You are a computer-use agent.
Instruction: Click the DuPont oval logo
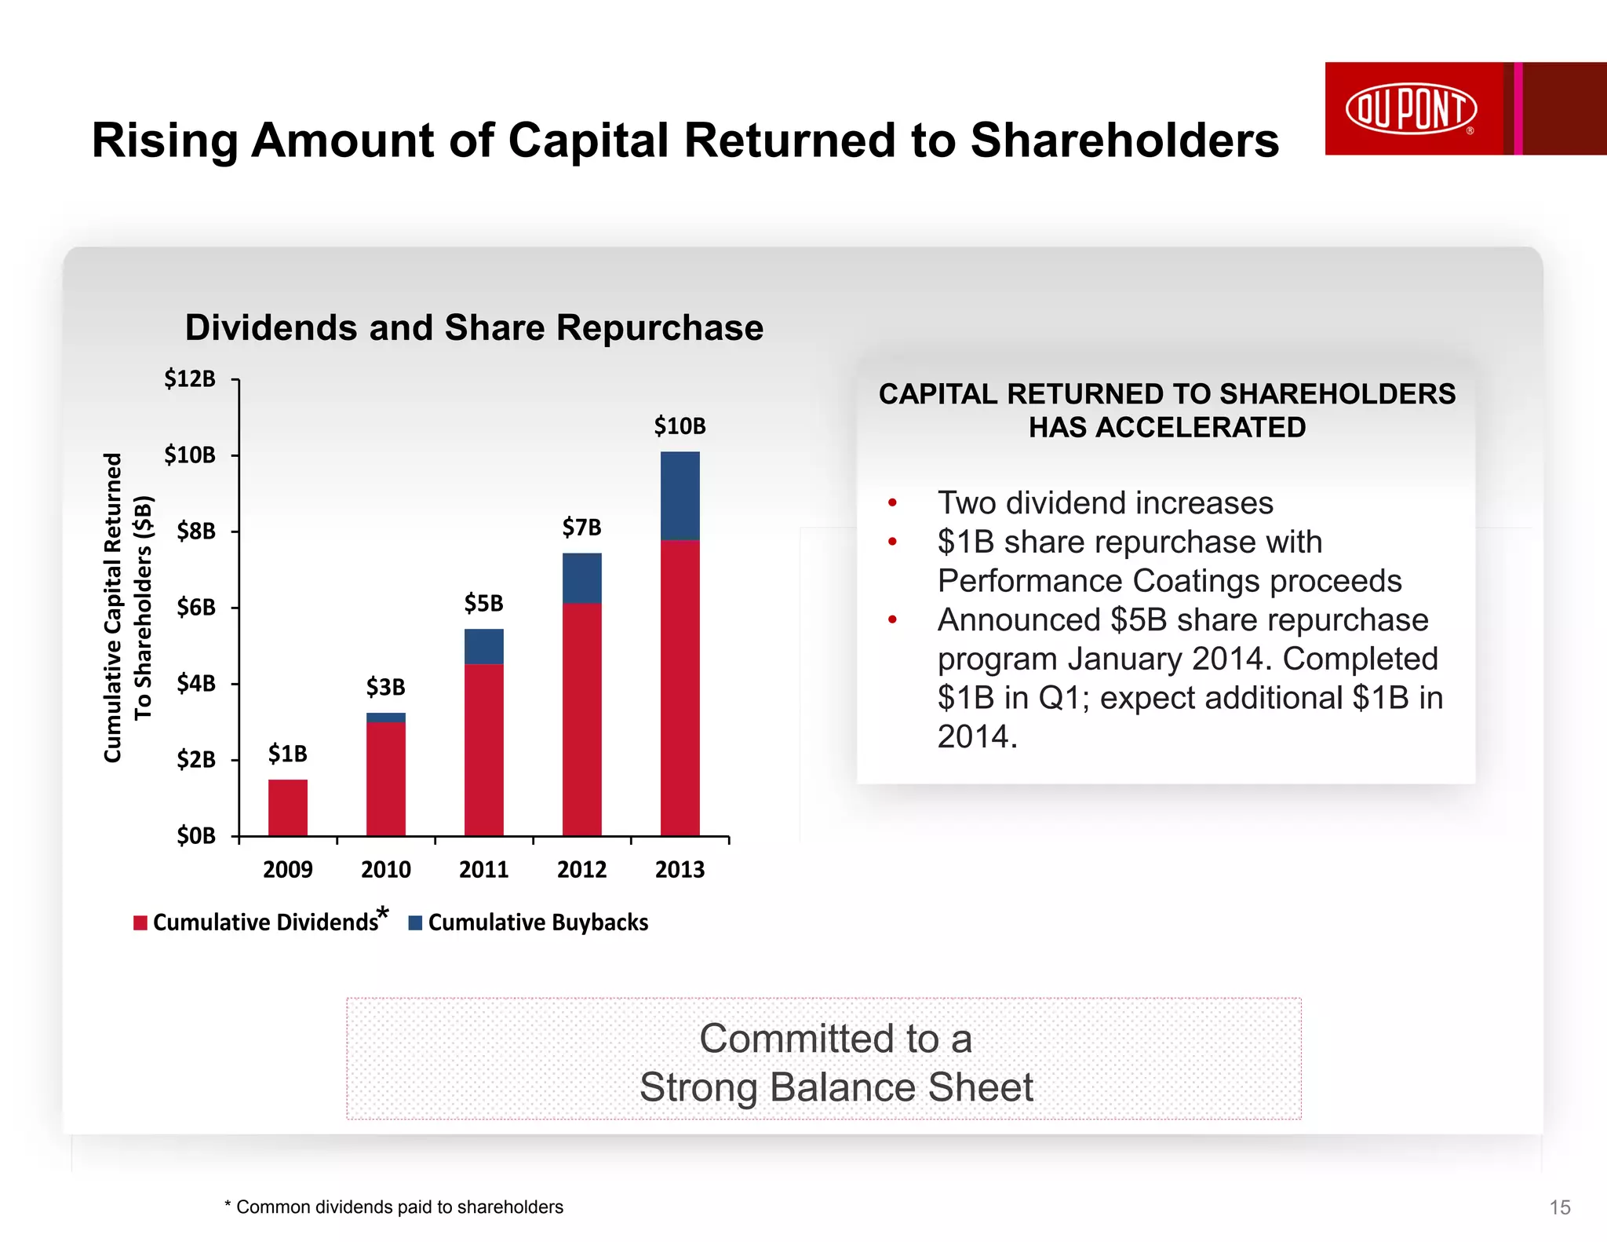pyautogui.click(x=1411, y=108)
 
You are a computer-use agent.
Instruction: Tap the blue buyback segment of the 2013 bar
pyautogui.click(x=680, y=495)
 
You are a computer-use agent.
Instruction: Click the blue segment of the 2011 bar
pyautogui.click(x=483, y=646)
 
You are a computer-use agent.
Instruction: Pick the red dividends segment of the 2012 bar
pyautogui.click(x=581, y=718)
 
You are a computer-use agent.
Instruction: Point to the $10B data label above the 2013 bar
pyautogui.click(x=680, y=426)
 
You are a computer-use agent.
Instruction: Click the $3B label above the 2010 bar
pyautogui.click(x=385, y=687)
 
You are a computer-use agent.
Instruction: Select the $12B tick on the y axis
pyautogui.click(x=190, y=379)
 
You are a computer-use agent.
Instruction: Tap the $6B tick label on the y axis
pyautogui.click(x=195, y=607)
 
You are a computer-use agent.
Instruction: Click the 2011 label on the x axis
pyautogui.click(x=483, y=870)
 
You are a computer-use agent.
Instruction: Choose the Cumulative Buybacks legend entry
pyautogui.click(x=537, y=922)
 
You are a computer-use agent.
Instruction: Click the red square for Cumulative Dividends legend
pyautogui.click(x=140, y=923)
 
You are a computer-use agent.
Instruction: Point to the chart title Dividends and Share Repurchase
pyautogui.click(x=474, y=327)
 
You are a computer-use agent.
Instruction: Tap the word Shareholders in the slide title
pyautogui.click(x=1124, y=141)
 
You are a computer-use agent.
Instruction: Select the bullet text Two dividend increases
pyautogui.click(x=1105, y=503)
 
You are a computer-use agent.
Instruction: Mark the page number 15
pyautogui.click(x=1560, y=1207)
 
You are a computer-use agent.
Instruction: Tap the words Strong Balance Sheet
pyautogui.click(x=836, y=1087)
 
